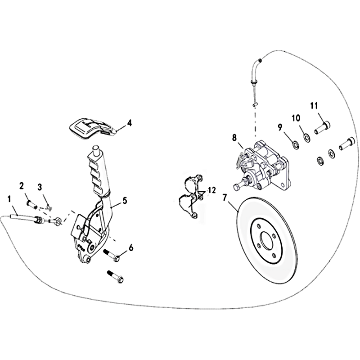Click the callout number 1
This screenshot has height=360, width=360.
[9, 199]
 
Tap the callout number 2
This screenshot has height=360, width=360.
[22, 186]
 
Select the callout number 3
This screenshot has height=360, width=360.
[40, 187]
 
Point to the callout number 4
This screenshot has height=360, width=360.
[130, 123]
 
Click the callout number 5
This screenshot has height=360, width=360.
[125, 201]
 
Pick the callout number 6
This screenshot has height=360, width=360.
[131, 248]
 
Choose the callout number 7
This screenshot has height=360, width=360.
[225, 198]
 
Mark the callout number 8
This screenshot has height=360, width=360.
[234, 138]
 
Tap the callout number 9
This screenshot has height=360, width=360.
[280, 127]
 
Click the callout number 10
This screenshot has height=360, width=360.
[296, 118]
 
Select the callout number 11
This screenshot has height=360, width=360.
[314, 106]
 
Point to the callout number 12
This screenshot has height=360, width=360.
[212, 190]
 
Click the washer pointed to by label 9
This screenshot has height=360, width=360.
[296, 145]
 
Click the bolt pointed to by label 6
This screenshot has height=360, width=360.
[112, 255]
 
